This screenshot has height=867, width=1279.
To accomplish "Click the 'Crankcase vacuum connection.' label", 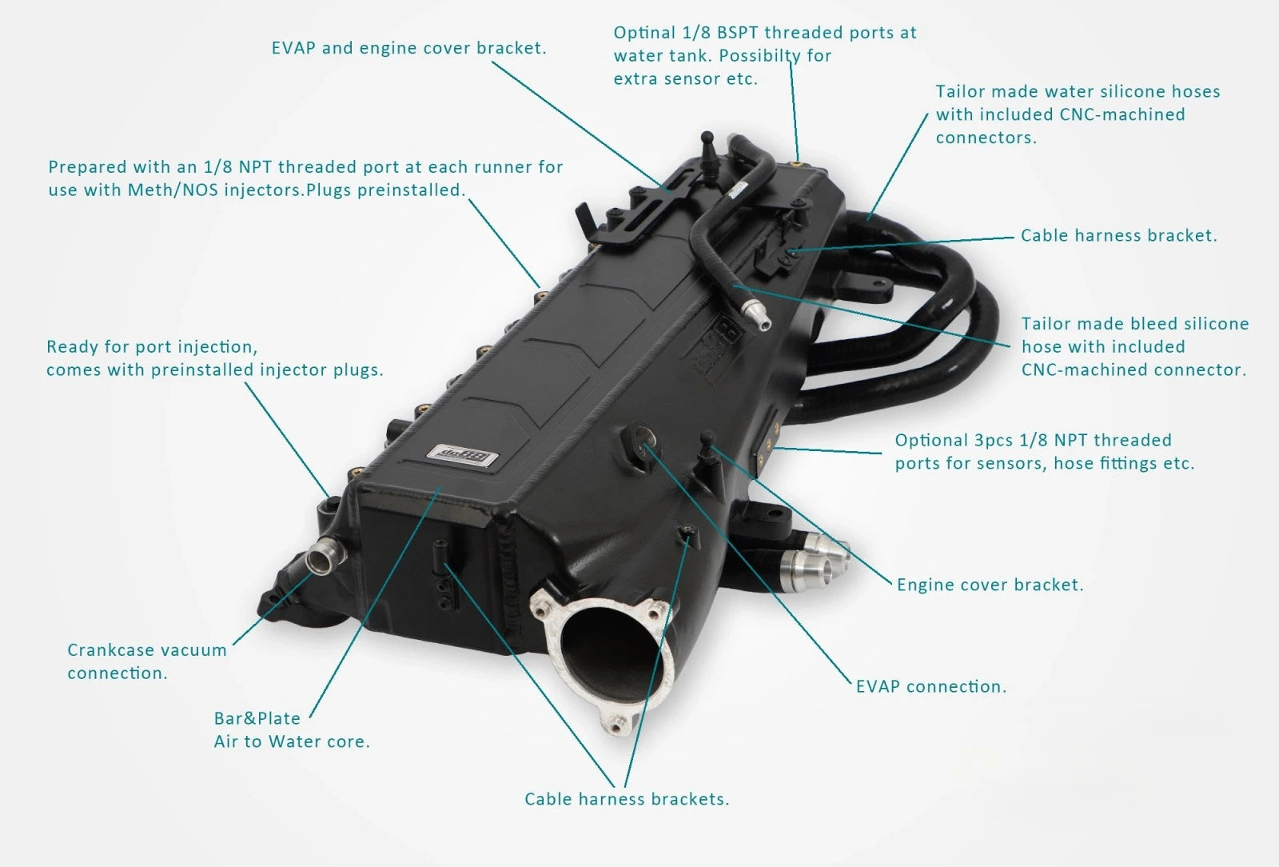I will click(x=147, y=661).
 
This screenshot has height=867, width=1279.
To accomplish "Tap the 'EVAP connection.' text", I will click(x=930, y=686).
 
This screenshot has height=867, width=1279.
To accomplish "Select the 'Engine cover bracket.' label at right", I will click(x=990, y=585).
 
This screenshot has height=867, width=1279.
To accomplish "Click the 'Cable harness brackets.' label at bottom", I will click(x=627, y=799).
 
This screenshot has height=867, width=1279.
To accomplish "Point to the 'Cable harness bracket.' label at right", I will click(x=1118, y=235).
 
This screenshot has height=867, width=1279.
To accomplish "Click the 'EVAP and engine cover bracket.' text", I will click(x=408, y=48).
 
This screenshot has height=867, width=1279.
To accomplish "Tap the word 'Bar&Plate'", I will click(x=257, y=718).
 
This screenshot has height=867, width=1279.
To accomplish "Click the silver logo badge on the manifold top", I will click(x=464, y=457).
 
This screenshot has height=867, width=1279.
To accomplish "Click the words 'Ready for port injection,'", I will click(x=152, y=347).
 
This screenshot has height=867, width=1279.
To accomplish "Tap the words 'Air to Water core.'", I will click(x=292, y=741).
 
